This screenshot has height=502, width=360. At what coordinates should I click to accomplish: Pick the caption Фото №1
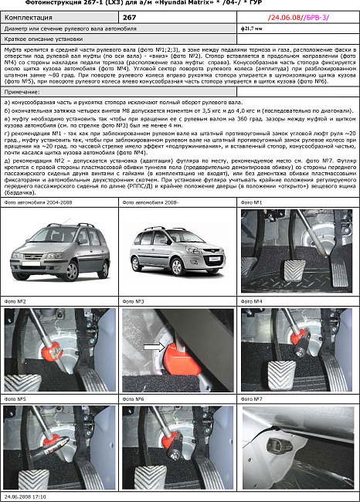click(x=253, y=203)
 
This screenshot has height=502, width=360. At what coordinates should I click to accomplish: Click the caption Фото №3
click(x=134, y=300)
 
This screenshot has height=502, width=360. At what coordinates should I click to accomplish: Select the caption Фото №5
click(x=15, y=399)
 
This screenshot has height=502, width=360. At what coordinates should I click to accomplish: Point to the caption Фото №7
click(x=253, y=399)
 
